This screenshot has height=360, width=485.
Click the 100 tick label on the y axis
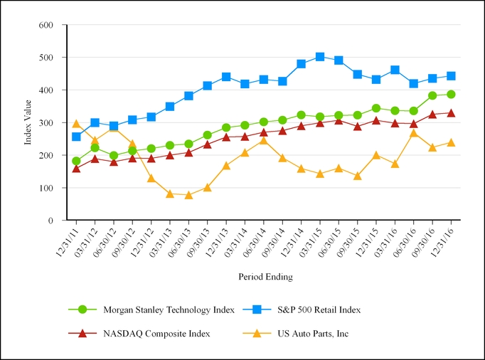[x=46, y=188]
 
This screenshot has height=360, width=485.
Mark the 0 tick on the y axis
[x=51, y=221]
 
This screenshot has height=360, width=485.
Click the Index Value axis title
[x=28, y=122]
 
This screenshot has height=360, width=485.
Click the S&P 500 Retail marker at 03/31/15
[x=320, y=57]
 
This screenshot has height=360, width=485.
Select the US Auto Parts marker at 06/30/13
[x=188, y=195]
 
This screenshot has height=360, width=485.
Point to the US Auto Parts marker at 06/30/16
[x=413, y=133]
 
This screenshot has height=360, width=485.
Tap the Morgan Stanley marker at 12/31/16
[x=451, y=94]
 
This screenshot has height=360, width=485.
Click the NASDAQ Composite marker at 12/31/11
[x=76, y=169]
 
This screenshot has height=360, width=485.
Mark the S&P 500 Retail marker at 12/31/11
[x=76, y=137]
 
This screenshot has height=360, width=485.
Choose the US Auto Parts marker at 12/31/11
[x=76, y=124]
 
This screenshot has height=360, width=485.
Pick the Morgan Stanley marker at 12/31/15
[x=376, y=108]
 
